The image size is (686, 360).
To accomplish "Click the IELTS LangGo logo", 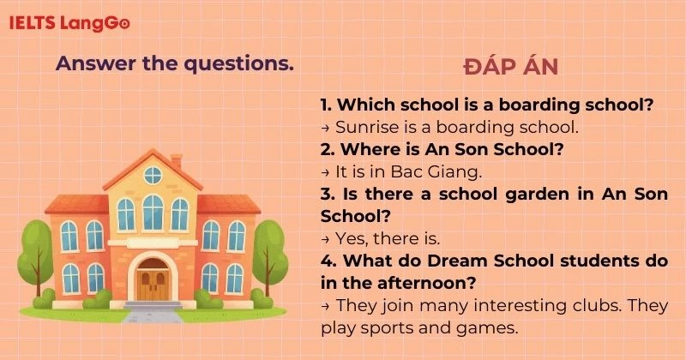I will [x=69, y=23].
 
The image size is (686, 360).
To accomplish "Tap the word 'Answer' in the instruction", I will [x=90, y=63].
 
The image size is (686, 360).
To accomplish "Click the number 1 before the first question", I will [x=325, y=105].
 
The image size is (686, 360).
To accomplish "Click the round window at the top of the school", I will [x=153, y=175].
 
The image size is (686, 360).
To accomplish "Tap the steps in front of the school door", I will [x=153, y=304].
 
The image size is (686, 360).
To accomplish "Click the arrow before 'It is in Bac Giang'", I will [x=326, y=171].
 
